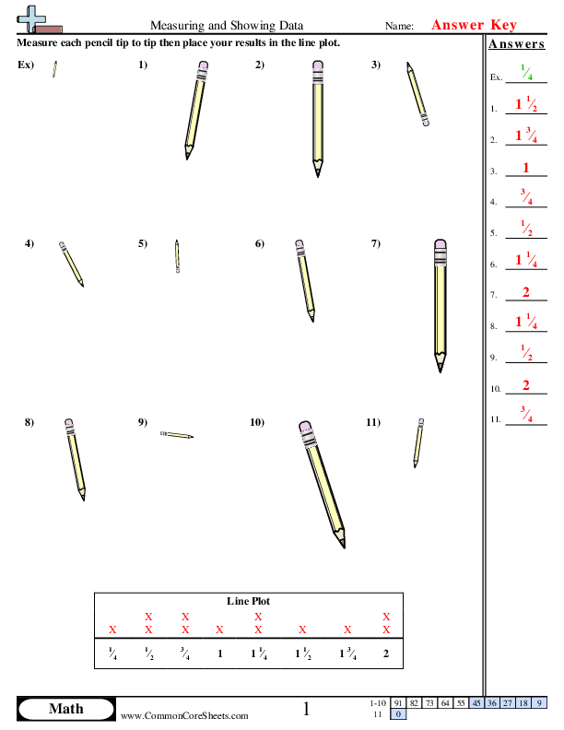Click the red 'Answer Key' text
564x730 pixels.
(475, 26)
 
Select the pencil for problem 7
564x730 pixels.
(441, 304)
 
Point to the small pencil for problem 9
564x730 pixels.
(176, 434)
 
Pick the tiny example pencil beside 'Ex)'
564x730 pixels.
(55, 69)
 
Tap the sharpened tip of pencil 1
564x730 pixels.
(187, 157)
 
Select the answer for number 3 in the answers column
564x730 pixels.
(525, 169)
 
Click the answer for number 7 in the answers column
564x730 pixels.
(525, 293)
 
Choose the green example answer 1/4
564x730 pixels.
(525, 74)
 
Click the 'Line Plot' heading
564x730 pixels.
(249, 601)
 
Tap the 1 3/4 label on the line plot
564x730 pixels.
(347, 654)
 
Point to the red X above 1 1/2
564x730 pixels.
(302, 630)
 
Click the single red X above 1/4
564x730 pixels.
(113, 630)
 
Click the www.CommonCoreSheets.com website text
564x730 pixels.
(184, 715)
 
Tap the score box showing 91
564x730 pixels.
(398, 702)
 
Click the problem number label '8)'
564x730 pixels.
(29, 422)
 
